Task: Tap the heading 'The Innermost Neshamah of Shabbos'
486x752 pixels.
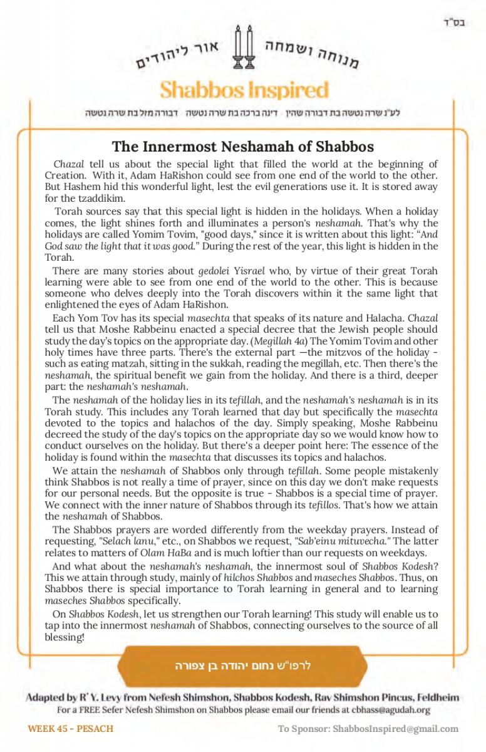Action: point(243,147)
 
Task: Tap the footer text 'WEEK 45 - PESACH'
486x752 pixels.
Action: point(70,729)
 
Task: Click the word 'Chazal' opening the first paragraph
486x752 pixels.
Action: point(68,165)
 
